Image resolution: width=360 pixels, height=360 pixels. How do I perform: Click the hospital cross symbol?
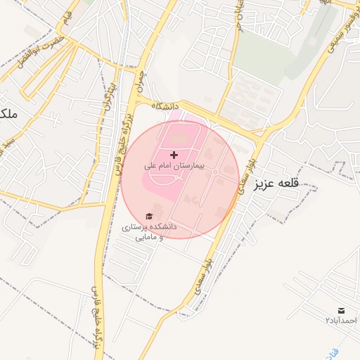174,154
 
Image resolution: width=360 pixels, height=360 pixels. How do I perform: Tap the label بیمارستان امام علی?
174,166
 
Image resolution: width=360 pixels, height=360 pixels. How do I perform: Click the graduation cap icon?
148,216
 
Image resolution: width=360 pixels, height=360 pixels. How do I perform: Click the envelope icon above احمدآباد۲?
341,310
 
